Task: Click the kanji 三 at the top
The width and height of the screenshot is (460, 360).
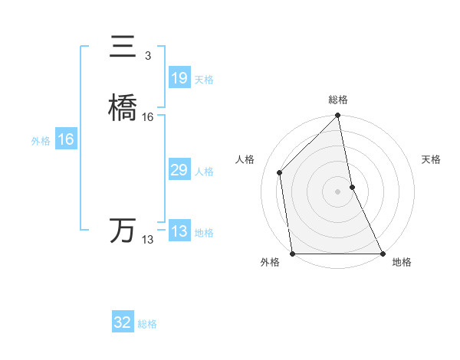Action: pyautogui.click(x=123, y=47)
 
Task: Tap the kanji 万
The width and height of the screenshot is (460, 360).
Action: pyautogui.click(x=123, y=231)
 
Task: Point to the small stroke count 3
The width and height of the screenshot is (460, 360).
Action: pyautogui.click(x=148, y=55)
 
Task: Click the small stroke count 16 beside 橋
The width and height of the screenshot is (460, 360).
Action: pyautogui.click(x=148, y=117)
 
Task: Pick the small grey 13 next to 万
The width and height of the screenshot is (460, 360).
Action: pyautogui.click(x=148, y=240)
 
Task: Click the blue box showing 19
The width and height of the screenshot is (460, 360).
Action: pyautogui.click(x=179, y=77)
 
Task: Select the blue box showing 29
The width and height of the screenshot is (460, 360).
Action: pyautogui.click(x=179, y=170)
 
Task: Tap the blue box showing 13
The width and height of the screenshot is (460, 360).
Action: pyautogui.click(x=179, y=231)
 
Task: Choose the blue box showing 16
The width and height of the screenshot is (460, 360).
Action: pyautogui.click(x=66, y=139)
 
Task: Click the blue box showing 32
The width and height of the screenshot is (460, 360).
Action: pyautogui.click(x=123, y=322)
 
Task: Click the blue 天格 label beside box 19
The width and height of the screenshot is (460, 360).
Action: pyautogui.click(x=204, y=80)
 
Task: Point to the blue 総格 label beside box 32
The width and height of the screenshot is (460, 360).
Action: pyautogui.click(x=148, y=324)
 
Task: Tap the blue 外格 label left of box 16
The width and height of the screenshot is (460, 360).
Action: pyautogui.click(x=41, y=141)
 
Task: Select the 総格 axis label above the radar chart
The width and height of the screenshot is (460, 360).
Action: pyautogui.click(x=338, y=100)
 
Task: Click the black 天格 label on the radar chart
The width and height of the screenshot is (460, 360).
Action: pyautogui.click(x=432, y=159)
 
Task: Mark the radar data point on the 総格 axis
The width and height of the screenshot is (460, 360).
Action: pyautogui.click(x=338, y=116)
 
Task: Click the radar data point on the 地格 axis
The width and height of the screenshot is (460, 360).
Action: pyautogui.click(x=383, y=253)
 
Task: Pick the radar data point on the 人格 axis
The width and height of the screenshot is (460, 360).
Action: pyautogui.click(x=280, y=172)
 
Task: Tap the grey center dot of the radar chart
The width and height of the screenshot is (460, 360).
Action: pyautogui.click(x=338, y=191)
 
